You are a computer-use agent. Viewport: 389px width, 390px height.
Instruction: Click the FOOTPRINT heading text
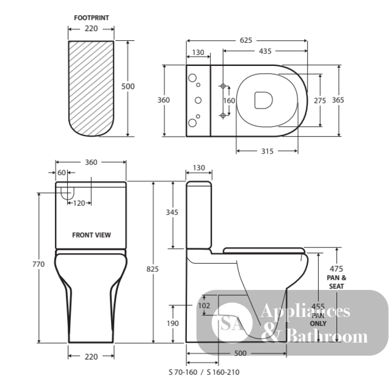tap(92, 18)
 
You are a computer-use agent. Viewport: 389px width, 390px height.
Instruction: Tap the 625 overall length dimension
tap(246, 40)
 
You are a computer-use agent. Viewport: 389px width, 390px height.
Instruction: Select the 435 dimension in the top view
tap(265, 51)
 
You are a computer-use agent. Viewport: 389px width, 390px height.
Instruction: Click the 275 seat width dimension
tap(320, 101)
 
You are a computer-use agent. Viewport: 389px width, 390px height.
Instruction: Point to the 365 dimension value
tap(338, 100)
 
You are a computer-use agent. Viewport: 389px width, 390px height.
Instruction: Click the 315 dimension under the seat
tap(267, 151)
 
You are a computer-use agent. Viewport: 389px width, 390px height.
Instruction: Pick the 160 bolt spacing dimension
tap(229, 101)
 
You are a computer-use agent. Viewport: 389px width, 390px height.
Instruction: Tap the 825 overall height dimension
tap(153, 269)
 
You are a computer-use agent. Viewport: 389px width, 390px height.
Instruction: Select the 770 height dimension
tap(39, 264)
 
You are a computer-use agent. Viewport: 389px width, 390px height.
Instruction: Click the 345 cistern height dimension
tap(172, 212)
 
